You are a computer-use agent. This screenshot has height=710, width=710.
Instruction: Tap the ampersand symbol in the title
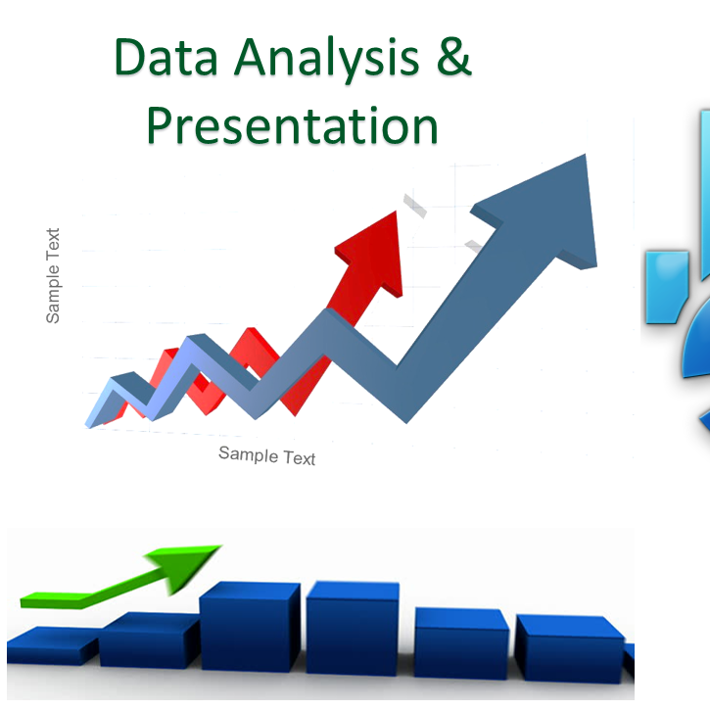(x=452, y=59)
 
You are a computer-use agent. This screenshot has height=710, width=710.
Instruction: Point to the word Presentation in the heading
(x=292, y=125)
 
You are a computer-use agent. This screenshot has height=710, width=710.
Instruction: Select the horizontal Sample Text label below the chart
(x=266, y=455)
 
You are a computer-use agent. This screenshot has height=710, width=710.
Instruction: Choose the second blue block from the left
(x=147, y=641)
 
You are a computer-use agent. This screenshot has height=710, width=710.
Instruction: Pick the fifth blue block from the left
(x=460, y=641)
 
